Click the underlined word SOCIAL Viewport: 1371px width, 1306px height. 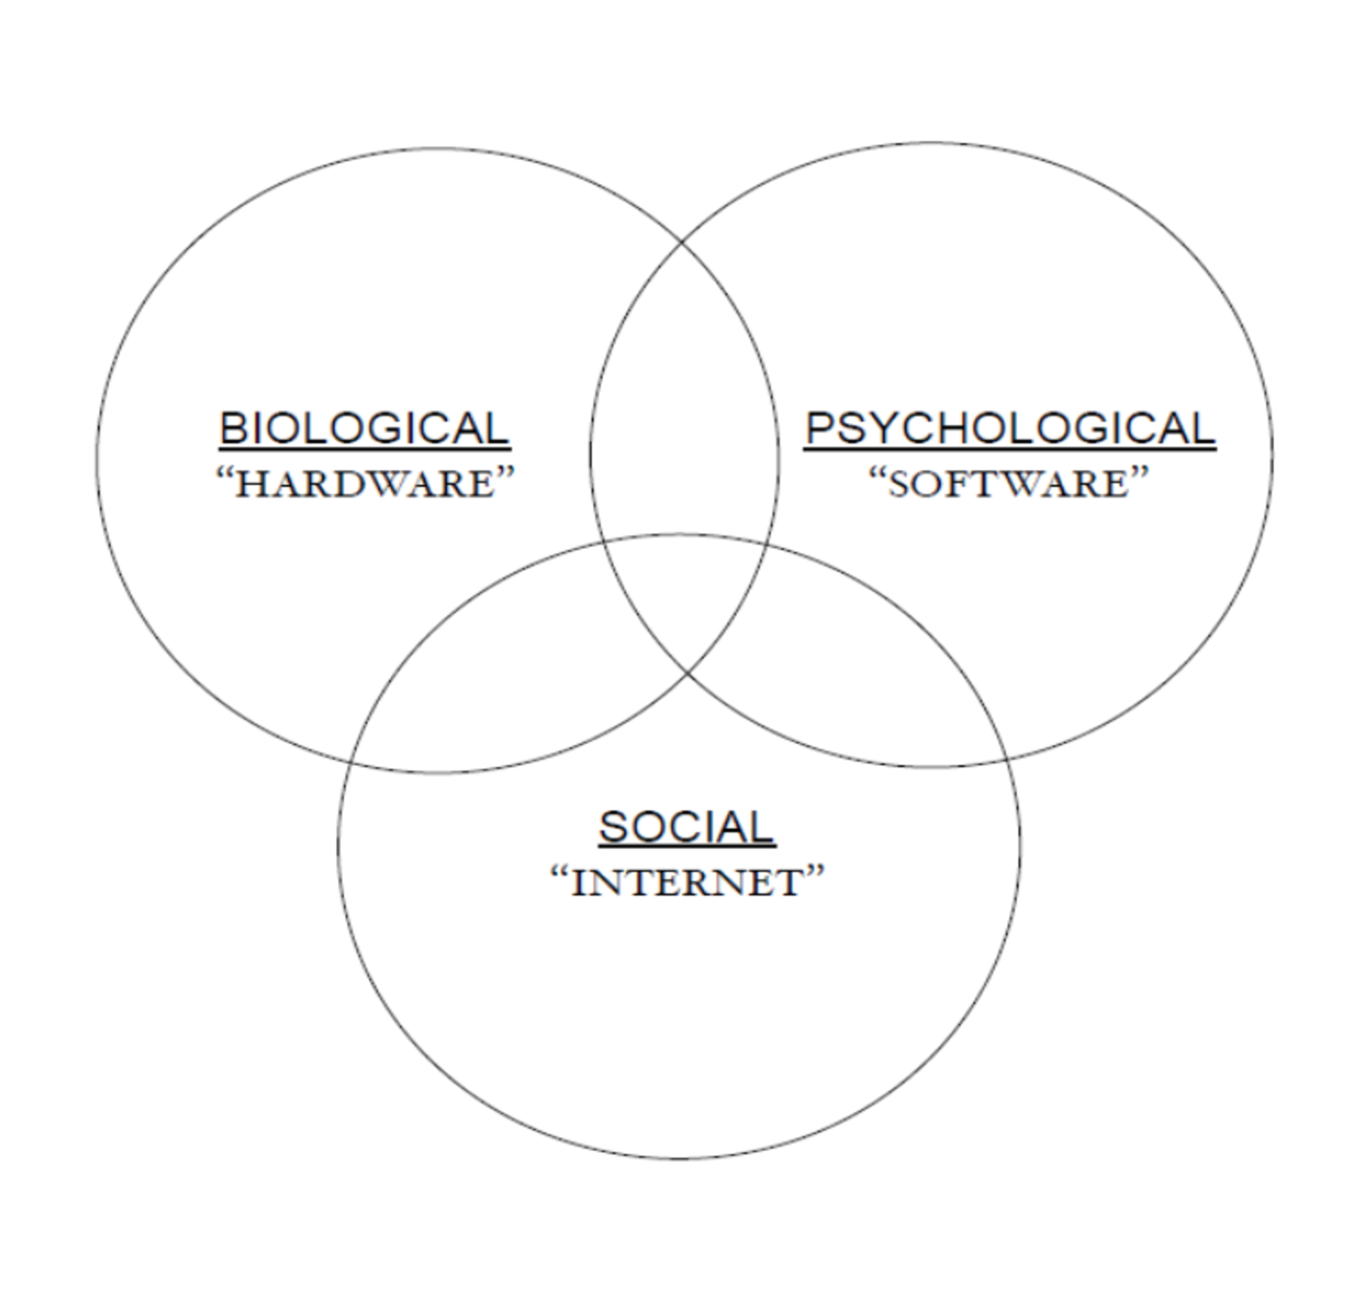[686, 827]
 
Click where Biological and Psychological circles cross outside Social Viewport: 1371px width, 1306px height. [682, 242]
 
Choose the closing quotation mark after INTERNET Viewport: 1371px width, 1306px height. [815, 873]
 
